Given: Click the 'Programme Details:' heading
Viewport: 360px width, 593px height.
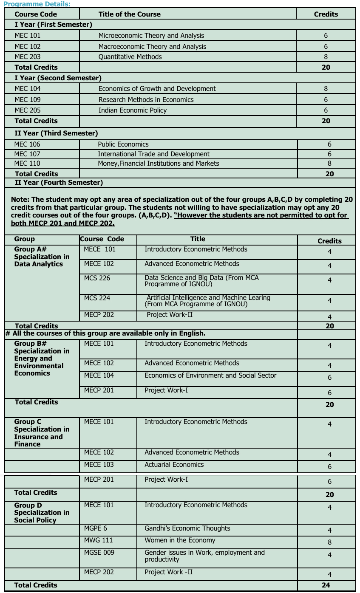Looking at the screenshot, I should tap(37, 4).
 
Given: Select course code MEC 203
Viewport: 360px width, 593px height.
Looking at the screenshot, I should tap(28, 57).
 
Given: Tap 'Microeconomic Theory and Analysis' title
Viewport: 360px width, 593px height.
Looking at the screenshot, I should tap(151, 36).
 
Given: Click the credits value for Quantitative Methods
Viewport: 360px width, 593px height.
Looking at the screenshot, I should tap(326, 57).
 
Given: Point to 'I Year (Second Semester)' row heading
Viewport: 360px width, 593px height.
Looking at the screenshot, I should tap(58, 78).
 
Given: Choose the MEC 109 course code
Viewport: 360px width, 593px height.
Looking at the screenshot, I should tap(28, 100).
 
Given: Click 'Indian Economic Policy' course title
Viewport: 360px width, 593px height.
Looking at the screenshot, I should tap(133, 110).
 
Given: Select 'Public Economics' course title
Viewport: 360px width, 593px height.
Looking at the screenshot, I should tap(123, 144).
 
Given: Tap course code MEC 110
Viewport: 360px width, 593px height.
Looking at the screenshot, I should tap(27, 164).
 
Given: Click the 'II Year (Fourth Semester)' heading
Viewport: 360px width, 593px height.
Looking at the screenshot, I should tap(59, 183).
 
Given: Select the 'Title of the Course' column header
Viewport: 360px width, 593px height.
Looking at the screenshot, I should tap(129, 14).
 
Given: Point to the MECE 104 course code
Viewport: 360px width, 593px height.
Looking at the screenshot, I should tap(99, 376).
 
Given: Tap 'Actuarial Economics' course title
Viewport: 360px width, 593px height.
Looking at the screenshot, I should tap(174, 465).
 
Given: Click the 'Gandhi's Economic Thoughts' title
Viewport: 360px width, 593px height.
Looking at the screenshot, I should tap(187, 528).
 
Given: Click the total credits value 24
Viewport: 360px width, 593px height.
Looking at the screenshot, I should tap(326, 585).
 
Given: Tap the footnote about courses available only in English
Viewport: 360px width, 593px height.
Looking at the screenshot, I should tap(105, 334).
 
